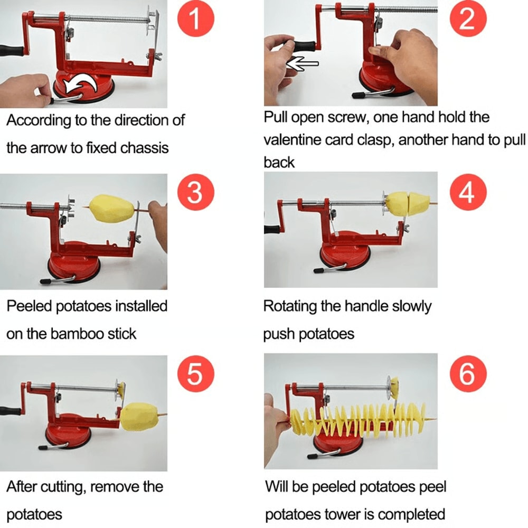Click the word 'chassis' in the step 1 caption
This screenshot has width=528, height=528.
[x=142, y=147]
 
